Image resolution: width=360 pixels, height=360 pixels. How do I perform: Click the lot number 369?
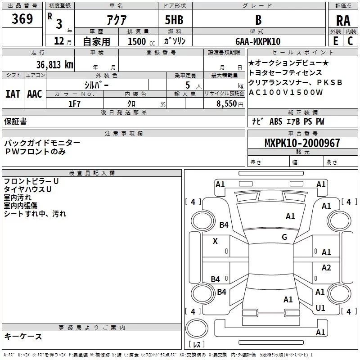(x=22, y=18)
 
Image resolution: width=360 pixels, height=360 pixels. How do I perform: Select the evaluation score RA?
(x=343, y=21)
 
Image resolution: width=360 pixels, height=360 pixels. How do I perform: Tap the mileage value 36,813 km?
(x=54, y=64)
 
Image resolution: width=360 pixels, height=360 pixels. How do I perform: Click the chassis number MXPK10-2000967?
(x=302, y=143)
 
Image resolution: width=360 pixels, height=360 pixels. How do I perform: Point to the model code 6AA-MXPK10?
(x=258, y=41)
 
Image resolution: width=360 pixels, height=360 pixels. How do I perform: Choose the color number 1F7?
(x=74, y=104)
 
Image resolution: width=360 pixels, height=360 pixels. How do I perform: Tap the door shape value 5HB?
(x=174, y=20)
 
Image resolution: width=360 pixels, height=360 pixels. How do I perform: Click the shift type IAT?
(x=13, y=94)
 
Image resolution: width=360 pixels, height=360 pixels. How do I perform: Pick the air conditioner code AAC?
(x=35, y=94)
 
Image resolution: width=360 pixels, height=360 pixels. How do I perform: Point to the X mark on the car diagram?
(x=215, y=241)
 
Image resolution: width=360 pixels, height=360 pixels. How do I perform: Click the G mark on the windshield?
(x=284, y=237)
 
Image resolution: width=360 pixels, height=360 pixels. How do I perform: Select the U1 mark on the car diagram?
(x=320, y=308)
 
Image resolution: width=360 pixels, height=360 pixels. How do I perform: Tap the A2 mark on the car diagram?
(x=326, y=267)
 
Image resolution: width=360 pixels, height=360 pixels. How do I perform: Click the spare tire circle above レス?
(x=197, y=328)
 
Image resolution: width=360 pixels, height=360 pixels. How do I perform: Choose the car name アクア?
(x=117, y=20)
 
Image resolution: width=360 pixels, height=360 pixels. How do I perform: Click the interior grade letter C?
(x=350, y=41)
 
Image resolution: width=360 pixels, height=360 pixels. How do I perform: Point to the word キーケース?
(x=23, y=336)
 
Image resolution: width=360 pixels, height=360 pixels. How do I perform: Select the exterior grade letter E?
(x=336, y=41)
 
